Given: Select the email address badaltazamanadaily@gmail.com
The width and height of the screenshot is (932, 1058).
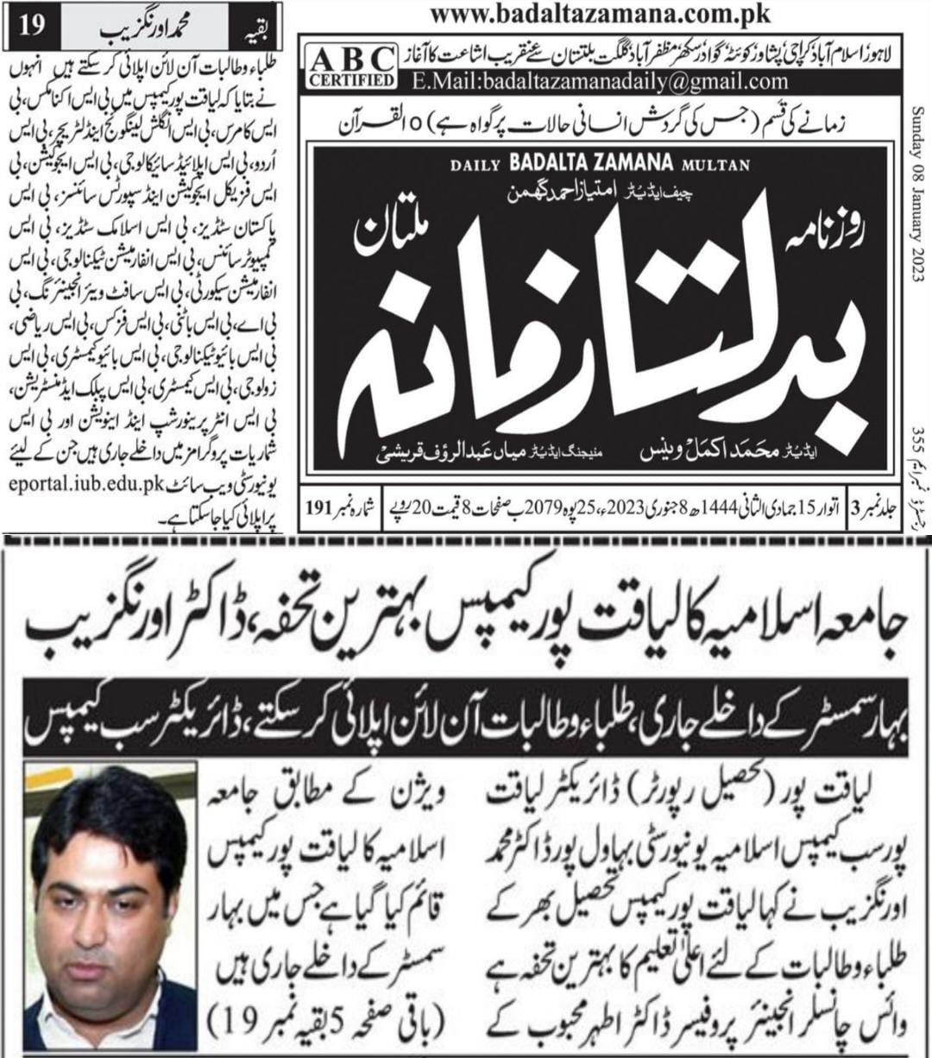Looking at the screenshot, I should pos(600,82).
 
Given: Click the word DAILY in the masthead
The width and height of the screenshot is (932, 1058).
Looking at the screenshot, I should pos(475,165).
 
